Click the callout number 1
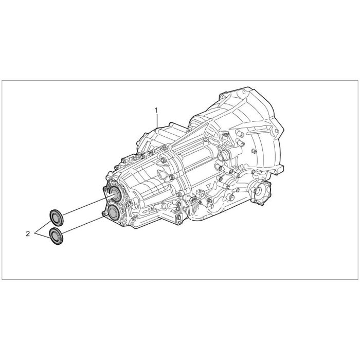coord(156,110)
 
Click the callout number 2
coord(28,234)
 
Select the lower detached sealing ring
coord(56,236)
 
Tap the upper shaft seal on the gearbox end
coord(115,194)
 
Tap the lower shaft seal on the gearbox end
coord(113,212)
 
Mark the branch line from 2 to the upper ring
coord(43,227)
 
